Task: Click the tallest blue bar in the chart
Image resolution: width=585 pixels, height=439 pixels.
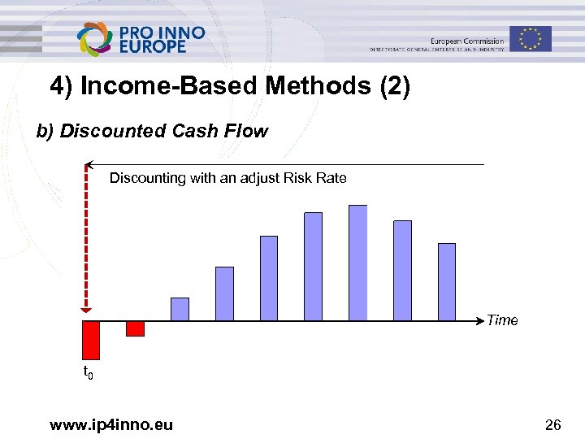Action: tap(357, 263)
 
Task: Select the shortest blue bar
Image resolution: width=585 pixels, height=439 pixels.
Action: tap(180, 309)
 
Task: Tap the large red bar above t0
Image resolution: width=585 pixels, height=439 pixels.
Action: tap(90, 340)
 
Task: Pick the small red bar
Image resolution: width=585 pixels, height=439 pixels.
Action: tap(135, 328)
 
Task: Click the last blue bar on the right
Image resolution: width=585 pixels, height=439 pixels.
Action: tap(447, 281)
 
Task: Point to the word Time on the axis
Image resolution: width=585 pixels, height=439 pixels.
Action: tap(502, 320)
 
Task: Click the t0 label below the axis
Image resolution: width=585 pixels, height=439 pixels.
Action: tap(89, 373)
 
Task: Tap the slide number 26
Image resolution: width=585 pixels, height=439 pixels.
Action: tap(552, 424)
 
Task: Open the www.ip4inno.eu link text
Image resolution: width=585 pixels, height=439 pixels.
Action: tap(110, 424)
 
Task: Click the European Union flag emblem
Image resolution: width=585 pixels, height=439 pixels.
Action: tap(531, 38)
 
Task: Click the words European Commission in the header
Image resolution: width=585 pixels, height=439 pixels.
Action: tap(466, 41)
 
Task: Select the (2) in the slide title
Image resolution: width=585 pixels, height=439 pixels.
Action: tap(395, 86)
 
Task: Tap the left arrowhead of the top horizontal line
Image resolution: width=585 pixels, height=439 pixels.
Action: tap(89, 164)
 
